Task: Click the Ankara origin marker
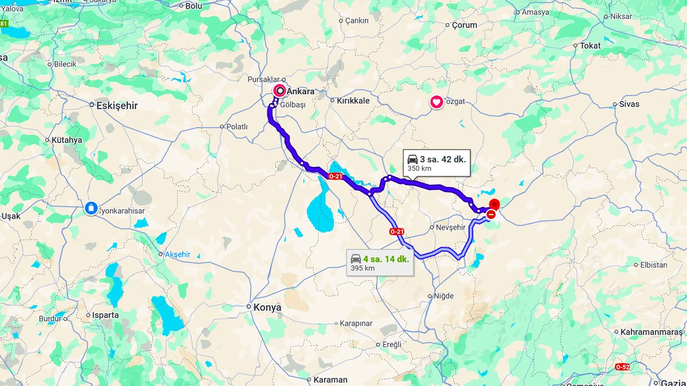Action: [280, 91]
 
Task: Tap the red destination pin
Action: [495, 204]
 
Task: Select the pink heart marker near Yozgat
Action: [436, 103]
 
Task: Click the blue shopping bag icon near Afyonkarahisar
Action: [91, 208]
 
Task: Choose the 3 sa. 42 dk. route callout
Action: [436, 163]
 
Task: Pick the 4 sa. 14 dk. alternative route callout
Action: [380, 262]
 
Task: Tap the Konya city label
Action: [268, 307]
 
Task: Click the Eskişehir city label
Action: [117, 105]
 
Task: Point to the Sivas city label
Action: [629, 104]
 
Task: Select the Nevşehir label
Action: [451, 227]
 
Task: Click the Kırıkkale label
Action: [353, 101]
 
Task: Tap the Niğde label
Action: [444, 296]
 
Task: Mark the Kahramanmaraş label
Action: [652, 332]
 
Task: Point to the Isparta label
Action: [105, 315]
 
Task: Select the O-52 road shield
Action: [622, 366]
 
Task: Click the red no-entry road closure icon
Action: [491, 214]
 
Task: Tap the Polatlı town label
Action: [237, 126]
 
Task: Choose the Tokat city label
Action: [590, 45]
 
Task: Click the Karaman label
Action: [330, 380]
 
